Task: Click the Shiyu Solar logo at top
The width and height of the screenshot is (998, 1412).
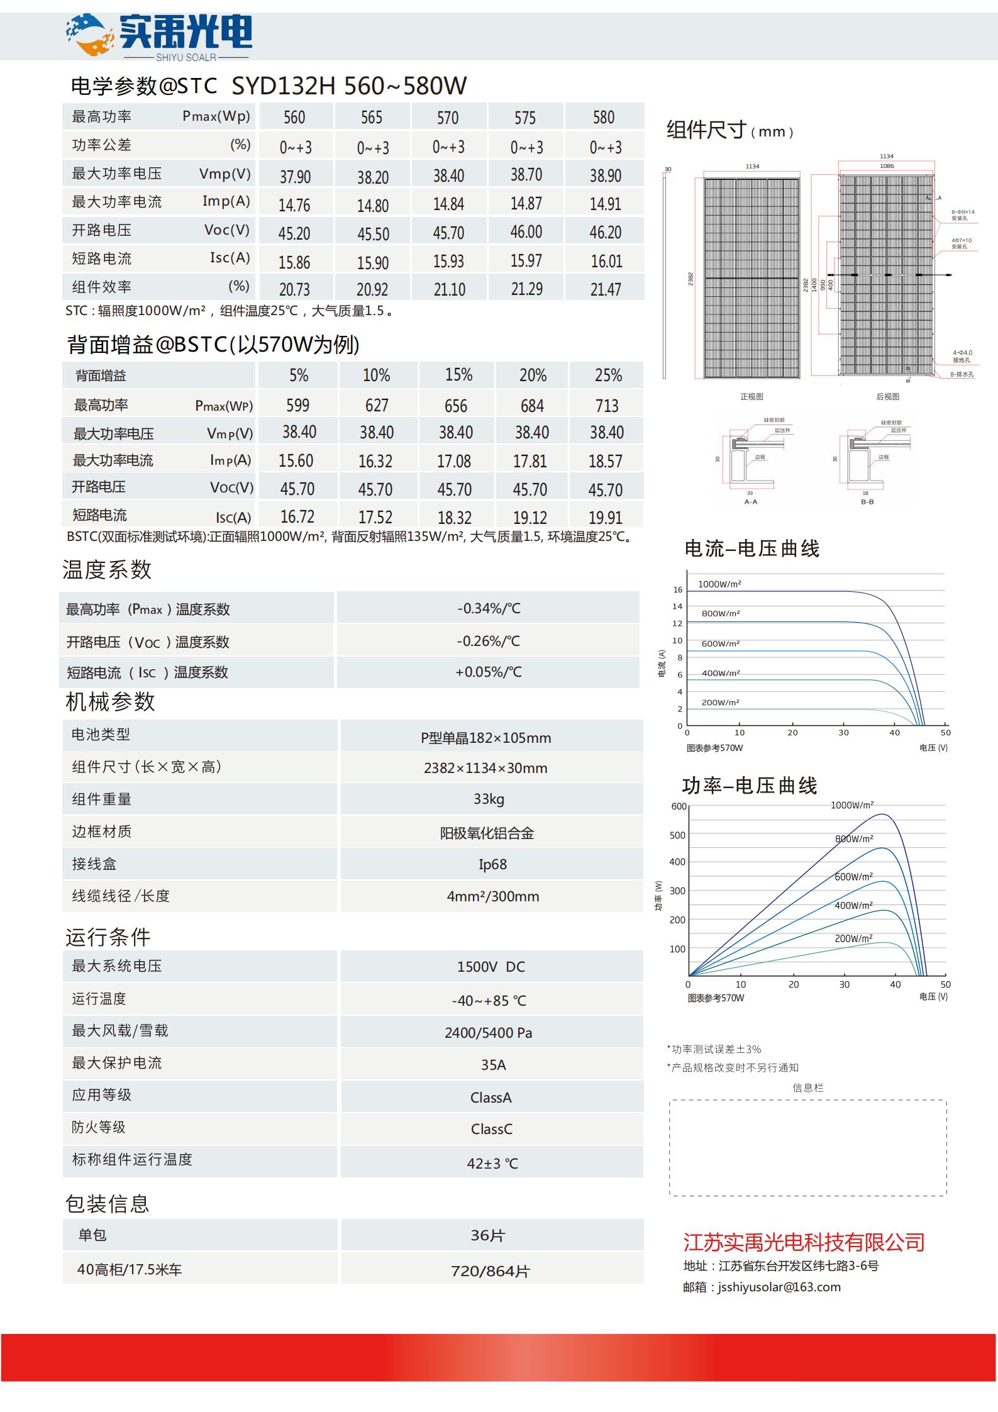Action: point(158,36)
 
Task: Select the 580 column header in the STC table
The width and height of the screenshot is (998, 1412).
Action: point(604,118)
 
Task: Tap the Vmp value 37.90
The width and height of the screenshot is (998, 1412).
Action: point(295,177)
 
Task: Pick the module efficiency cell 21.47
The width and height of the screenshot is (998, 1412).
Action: point(605,289)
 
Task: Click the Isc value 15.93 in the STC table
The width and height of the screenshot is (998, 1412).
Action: point(448,261)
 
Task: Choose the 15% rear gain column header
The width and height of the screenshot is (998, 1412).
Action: point(458,375)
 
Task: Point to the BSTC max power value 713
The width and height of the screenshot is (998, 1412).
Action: point(607,406)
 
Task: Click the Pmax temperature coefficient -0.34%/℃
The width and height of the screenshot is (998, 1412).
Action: point(489,608)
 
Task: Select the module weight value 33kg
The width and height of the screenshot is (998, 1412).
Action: point(489,799)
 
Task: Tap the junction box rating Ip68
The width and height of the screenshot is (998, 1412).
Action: point(492,864)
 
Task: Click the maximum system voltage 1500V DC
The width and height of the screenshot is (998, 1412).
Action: point(491,967)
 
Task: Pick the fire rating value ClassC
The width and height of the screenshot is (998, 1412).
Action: point(491,1129)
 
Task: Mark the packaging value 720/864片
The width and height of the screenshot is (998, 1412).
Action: point(491,1271)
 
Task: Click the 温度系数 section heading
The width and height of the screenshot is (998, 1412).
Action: point(107,570)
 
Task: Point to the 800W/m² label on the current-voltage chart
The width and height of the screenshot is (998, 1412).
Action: point(721,613)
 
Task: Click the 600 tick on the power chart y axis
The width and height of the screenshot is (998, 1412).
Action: point(679,806)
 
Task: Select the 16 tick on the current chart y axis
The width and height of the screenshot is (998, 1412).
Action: point(677,589)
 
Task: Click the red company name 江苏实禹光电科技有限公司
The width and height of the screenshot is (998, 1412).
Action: point(804,1242)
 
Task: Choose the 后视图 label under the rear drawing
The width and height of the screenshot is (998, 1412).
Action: point(887,396)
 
